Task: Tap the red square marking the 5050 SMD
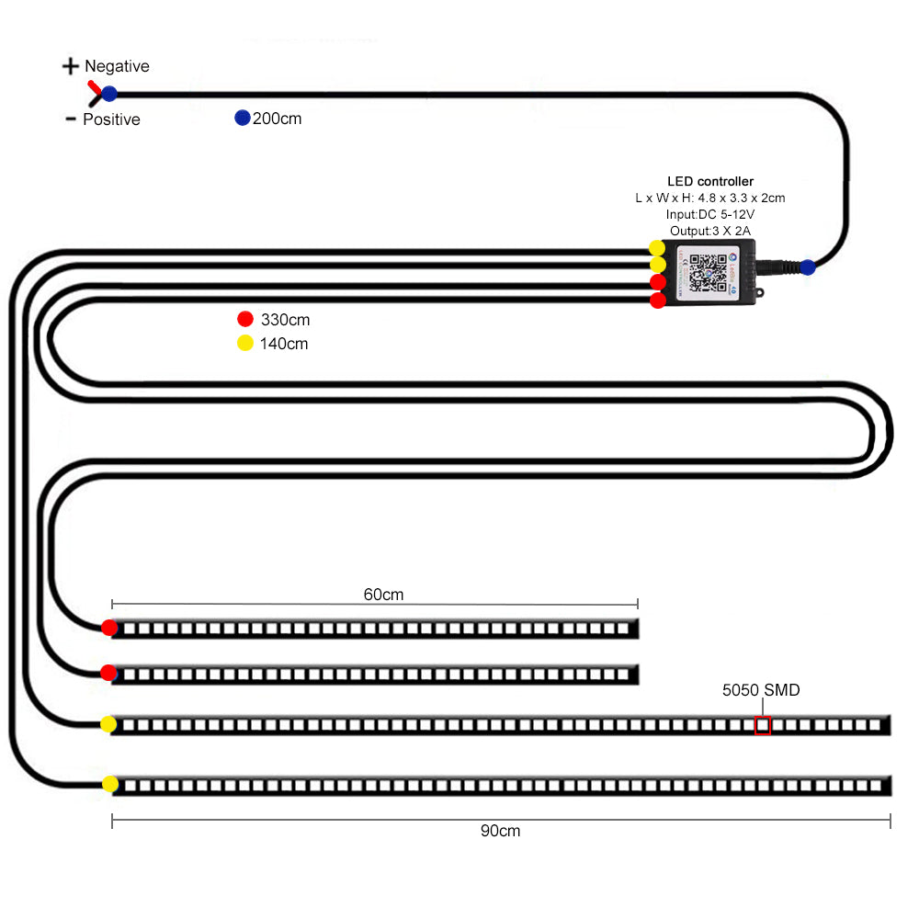(x=763, y=725)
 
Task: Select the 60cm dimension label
(x=383, y=595)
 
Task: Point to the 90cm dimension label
(x=500, y=831)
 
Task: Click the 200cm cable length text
(x=277, y=119)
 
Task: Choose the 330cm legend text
(x=285, y=320)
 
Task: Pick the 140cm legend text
(x=285, y=344)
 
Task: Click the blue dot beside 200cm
(x=243, y=118)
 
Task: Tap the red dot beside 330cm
(x=244, y=319)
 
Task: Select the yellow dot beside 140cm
(x=244, y=343)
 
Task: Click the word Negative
(x=117, y=66)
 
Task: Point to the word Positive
(x=111, y=119)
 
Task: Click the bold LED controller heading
(x=710, y=181)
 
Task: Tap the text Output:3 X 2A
(x=710, y=231)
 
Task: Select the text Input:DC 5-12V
(x=710, y=214)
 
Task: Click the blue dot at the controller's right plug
(x=808, y=267)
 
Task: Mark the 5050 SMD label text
(x=761, y=690)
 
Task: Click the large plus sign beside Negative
(x=71, y=66)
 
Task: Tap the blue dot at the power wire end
(x=109, y=93)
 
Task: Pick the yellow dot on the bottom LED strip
(x=110, y=784)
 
